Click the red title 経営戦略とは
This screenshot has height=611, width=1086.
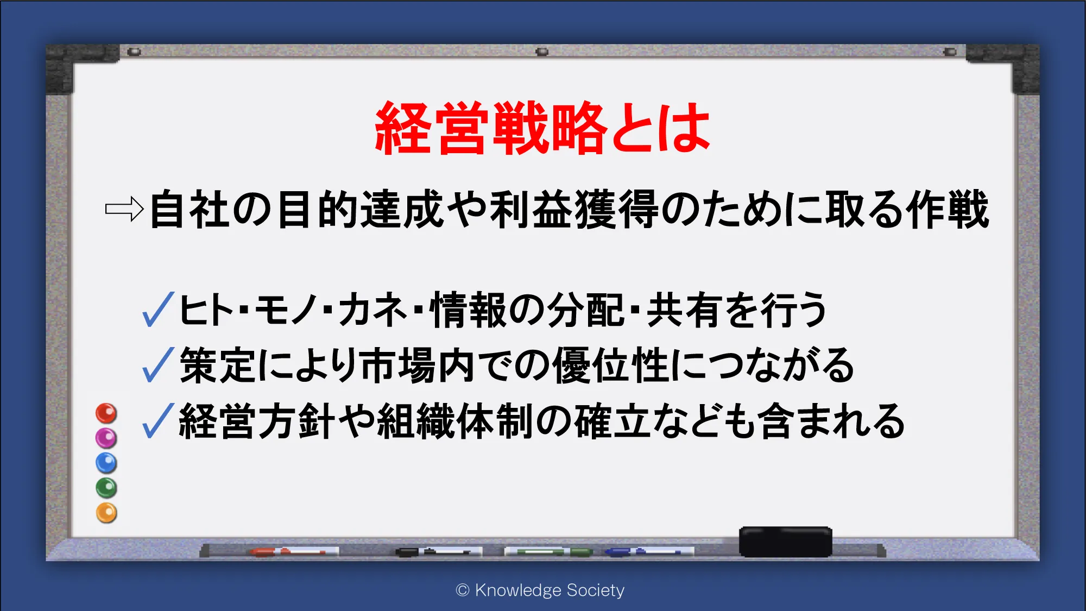(x=542, y=128)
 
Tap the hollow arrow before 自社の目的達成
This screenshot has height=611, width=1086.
(x=124, y=209)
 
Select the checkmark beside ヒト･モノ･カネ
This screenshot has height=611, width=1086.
(x=158, y=309)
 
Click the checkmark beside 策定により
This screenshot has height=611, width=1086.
(x=158, y=364)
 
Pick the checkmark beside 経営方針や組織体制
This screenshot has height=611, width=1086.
(x=158, y=420)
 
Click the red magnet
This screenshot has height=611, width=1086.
(x=106, y=413)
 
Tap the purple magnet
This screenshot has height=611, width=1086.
(x=106, y=438)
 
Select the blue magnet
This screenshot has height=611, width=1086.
(x=106, y=463)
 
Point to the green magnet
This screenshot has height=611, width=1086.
(x=106, y=488)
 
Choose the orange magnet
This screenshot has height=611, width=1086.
(x=106, y=513)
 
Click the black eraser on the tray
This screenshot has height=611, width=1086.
(x=785, y=541)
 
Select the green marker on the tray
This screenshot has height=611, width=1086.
(x=548, y=552)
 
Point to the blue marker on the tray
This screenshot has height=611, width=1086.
(x=649, y=552)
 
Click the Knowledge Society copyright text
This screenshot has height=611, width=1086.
(x=540, y=590)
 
